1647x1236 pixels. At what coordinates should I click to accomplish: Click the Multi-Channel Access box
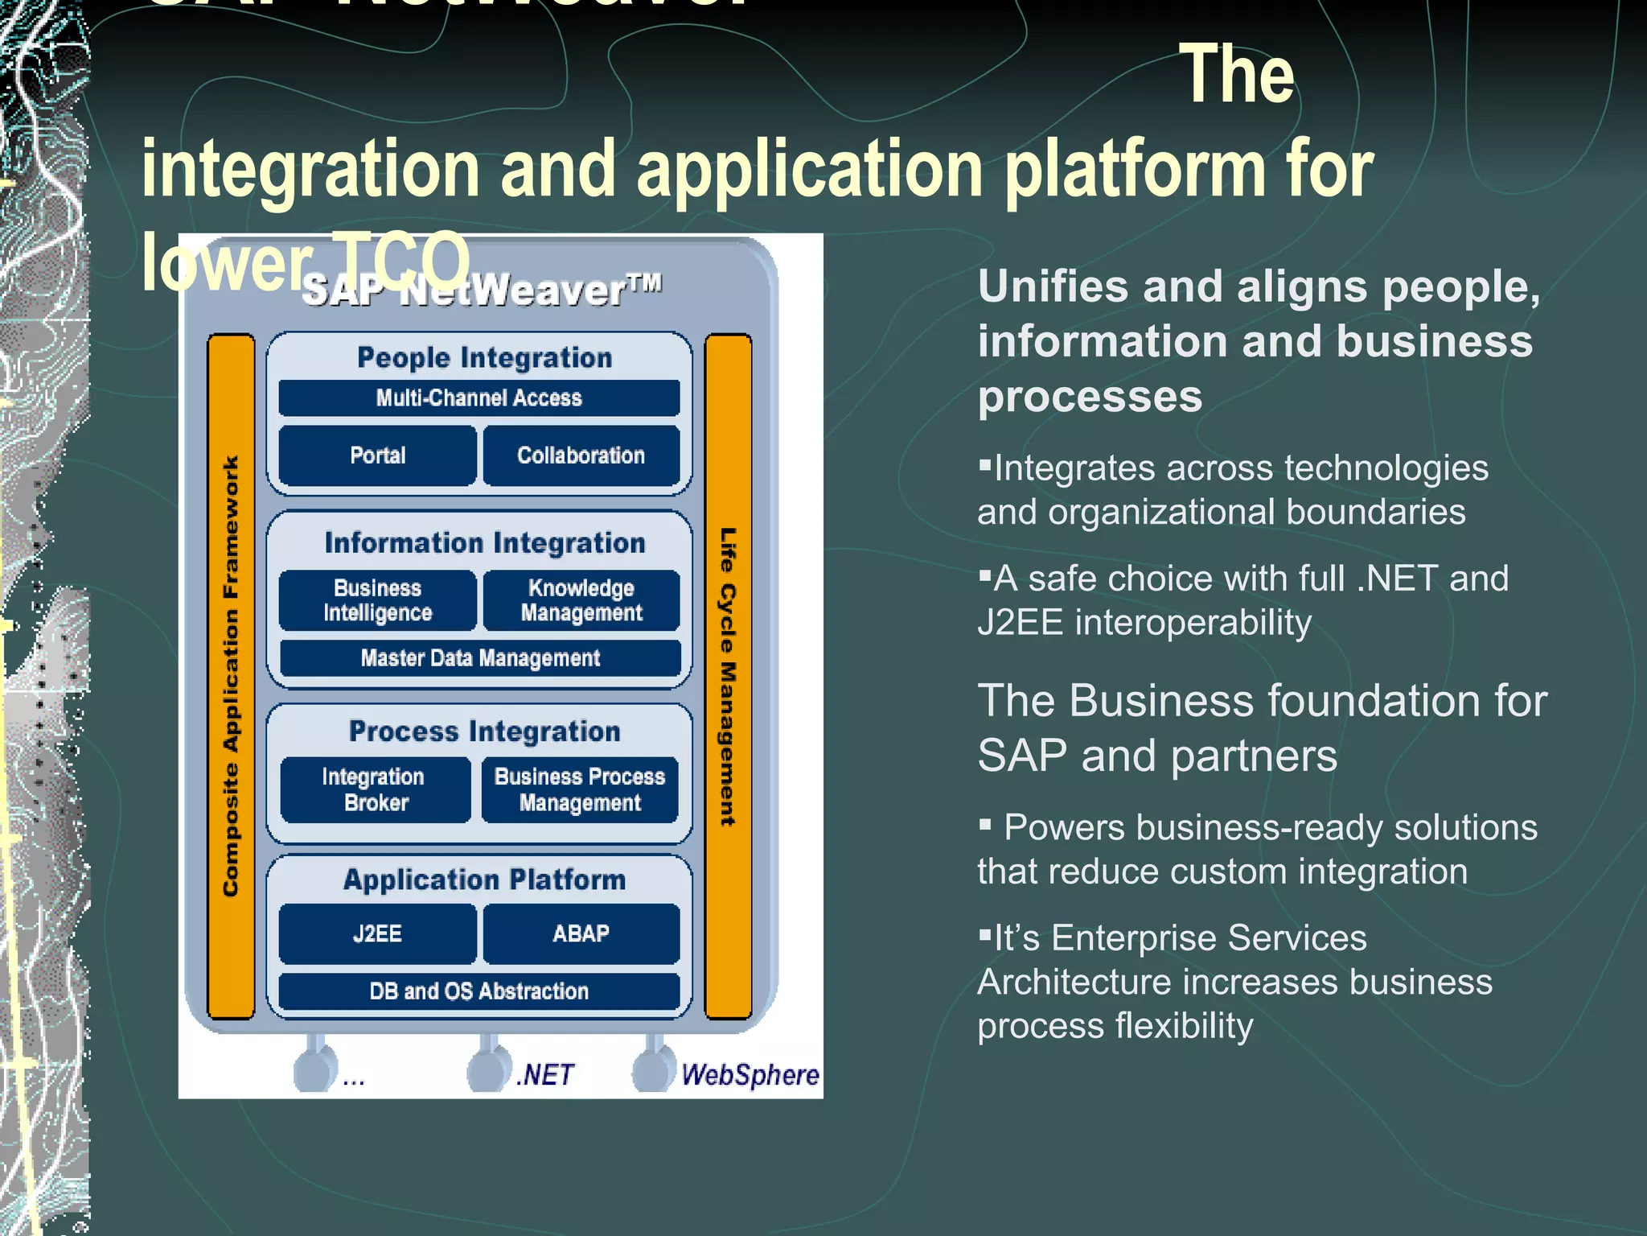pos(479,398)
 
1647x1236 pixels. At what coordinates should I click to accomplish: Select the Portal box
pos(377,455)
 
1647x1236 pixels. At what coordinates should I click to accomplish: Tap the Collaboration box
pos(581,455)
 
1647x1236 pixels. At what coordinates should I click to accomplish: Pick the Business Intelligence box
pos(377,600)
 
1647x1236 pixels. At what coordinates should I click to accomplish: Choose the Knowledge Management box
pos(581,600)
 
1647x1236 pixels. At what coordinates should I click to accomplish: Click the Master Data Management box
pos(479,658)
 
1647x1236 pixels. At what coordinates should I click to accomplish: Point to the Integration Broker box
pos(375,789)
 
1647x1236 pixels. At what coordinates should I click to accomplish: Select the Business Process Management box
pos(579,789)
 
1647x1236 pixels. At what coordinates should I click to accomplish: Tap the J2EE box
pos(377,933)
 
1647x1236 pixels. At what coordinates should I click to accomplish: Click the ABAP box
pos(581,933)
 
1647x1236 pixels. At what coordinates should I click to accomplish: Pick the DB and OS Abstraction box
pos(479,991)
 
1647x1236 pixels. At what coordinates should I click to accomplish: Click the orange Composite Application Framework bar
pos(231,676)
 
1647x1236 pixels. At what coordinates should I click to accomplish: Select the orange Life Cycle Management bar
pos(728,676)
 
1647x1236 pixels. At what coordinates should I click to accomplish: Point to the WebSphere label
pos(750,1075)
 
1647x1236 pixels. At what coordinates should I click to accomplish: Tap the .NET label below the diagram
pos(545,1075)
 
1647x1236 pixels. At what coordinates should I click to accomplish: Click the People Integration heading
pos(484,357)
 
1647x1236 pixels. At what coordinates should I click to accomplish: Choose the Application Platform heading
pos(484,880)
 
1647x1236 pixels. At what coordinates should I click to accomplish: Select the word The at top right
pos(1236,75)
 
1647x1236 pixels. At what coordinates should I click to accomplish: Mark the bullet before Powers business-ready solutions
pos(985,823)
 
